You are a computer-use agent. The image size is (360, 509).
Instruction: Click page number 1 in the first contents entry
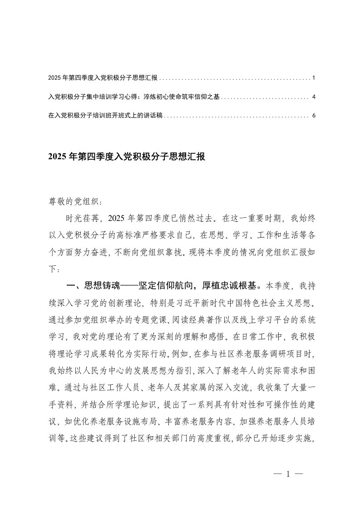pos(314,78)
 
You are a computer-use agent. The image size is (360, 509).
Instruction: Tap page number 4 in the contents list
pos(314,97)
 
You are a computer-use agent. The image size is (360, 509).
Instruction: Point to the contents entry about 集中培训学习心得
pos(134,97)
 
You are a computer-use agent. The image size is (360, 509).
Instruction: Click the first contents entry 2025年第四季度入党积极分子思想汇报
pos(103,78)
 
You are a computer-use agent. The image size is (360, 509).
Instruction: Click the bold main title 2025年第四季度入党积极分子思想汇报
pos(127,157)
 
